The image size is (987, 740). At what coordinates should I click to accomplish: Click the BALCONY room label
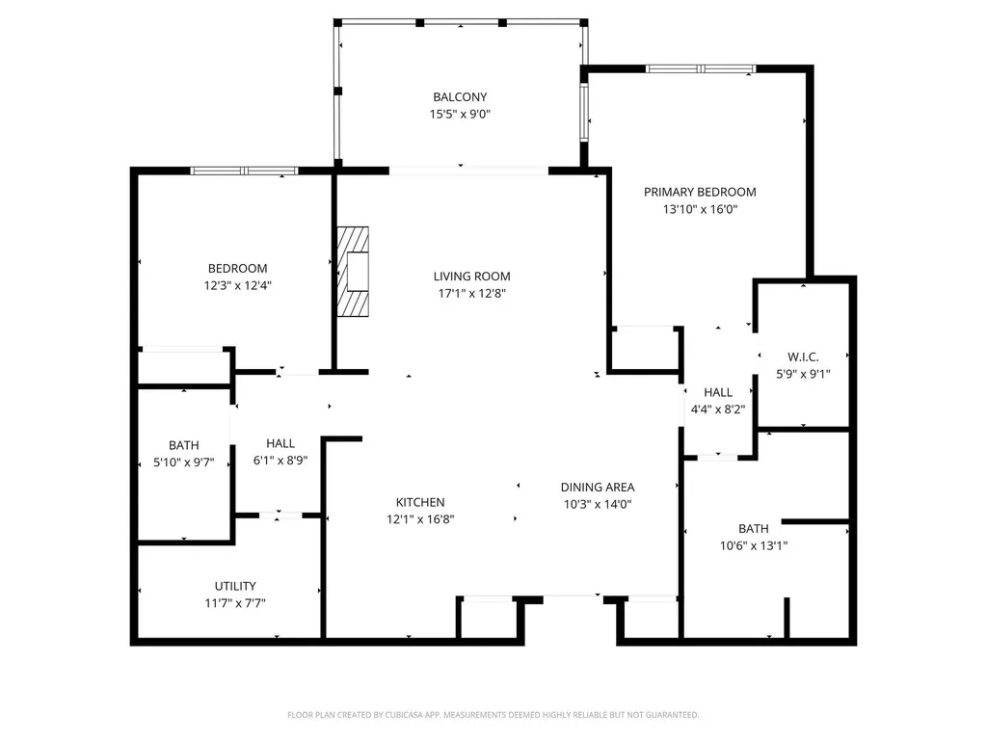(460, 97)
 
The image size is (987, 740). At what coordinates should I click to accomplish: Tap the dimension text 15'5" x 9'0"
(460, 114)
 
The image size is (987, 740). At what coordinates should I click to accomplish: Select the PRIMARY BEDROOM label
(700, 192)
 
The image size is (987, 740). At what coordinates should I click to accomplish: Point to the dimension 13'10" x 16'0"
(700, 208)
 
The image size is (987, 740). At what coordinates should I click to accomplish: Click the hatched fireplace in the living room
(352, 271)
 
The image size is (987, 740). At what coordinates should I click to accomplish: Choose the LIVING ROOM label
(471, 277)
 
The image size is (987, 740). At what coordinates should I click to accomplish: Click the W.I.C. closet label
(803, 357)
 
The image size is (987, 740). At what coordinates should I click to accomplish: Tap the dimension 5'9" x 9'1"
(803, 374)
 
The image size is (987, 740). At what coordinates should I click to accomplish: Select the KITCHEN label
(420, 502)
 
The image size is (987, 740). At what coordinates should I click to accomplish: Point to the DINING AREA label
(598, 488)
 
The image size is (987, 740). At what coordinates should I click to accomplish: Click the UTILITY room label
(235, 586)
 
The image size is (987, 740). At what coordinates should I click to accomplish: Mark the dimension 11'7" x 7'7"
(235, 603)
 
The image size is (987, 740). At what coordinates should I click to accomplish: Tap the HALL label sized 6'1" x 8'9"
(280, 443)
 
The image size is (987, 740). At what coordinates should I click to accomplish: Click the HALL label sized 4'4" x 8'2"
(718, 392)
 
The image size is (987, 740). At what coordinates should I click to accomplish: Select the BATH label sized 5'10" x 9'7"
(184, 445)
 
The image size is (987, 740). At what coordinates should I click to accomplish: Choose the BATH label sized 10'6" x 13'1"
(754, 528)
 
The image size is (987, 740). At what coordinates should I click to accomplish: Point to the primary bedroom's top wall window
(700, 68)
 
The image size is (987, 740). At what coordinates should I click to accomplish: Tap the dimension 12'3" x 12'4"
(238, 285)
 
